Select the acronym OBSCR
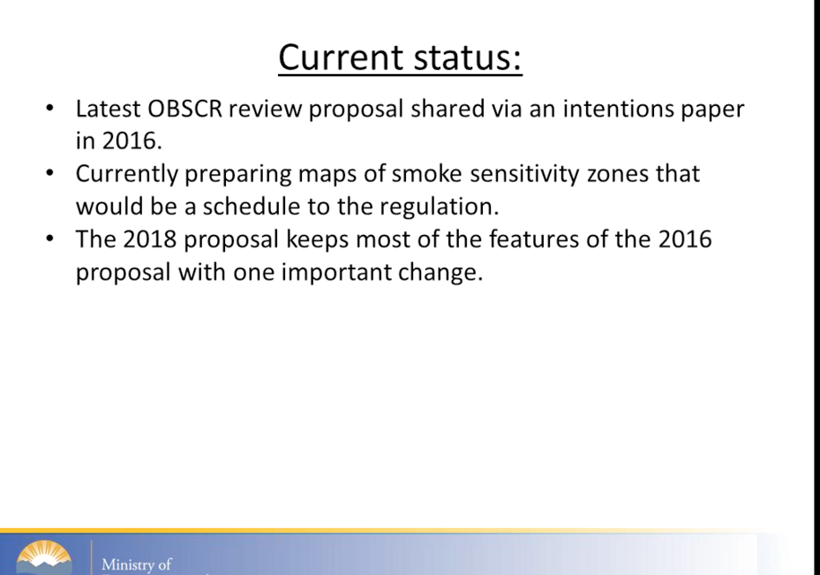[x=185, y=110]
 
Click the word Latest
[x=109, y=110]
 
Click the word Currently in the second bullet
[x=127, y=174]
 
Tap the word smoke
[x=426, y=174]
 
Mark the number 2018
[x=149, y=239]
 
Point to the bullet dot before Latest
[x=49, y=109]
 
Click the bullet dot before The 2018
[x=49, y=238]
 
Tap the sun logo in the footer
[x=44, y=557]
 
